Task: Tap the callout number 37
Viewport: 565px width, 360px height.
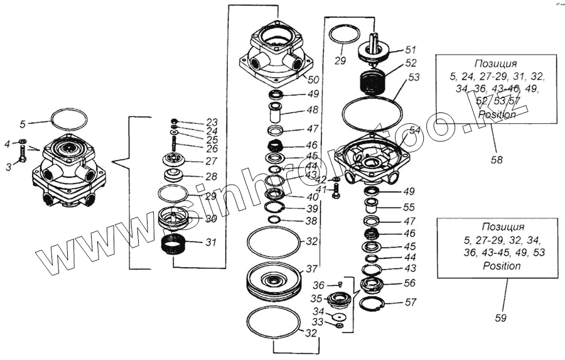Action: pos(312,268)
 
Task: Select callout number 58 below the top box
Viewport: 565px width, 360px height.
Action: pos(497,160)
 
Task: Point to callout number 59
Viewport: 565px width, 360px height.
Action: pos(500,318)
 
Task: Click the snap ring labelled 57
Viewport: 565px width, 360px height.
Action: pos(374,305)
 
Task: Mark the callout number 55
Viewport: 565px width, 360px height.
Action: pos(409,207)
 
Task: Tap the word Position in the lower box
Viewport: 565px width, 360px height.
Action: pos(501,266)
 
